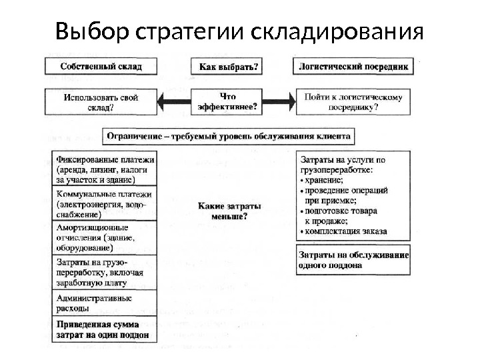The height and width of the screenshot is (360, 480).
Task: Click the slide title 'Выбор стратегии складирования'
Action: [x=239, y=31]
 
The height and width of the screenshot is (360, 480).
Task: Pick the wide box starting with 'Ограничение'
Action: [x=229, y=136]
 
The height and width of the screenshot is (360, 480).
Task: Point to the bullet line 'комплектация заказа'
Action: [x=347, y=232]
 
